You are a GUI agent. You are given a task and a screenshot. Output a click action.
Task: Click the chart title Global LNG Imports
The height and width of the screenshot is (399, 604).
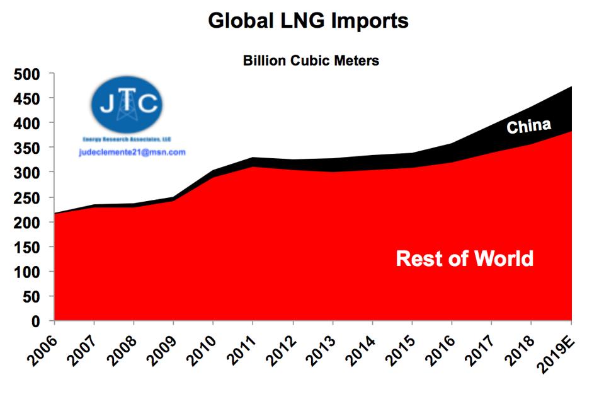pos(308,21)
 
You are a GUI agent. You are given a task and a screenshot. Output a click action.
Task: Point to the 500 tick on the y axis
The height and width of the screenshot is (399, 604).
pos(26,74)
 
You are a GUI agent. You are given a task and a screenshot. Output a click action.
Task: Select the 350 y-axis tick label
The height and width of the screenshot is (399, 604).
pos(26,148)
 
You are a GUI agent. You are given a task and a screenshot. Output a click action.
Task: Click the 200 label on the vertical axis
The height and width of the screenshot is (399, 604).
pos(26,223)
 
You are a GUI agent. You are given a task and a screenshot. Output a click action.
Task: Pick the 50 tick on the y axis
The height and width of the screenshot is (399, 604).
pos(31,297)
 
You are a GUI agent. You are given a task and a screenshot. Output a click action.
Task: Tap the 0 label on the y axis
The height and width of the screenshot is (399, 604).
pos(36,321)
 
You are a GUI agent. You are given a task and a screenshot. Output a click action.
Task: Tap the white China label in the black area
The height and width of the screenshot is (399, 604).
pos(529,126)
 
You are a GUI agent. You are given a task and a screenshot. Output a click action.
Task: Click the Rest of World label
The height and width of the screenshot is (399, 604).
pos(465,258)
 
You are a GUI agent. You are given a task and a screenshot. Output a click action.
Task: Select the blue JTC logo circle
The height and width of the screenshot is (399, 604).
pos(127,105)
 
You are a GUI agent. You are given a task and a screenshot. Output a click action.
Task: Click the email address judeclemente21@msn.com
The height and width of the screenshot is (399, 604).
pos(132,152)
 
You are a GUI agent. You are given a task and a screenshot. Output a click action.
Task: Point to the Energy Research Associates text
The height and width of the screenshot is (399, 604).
pos(127,139)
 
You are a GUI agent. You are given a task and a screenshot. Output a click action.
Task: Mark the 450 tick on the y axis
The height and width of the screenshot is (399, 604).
pos(26,99)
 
